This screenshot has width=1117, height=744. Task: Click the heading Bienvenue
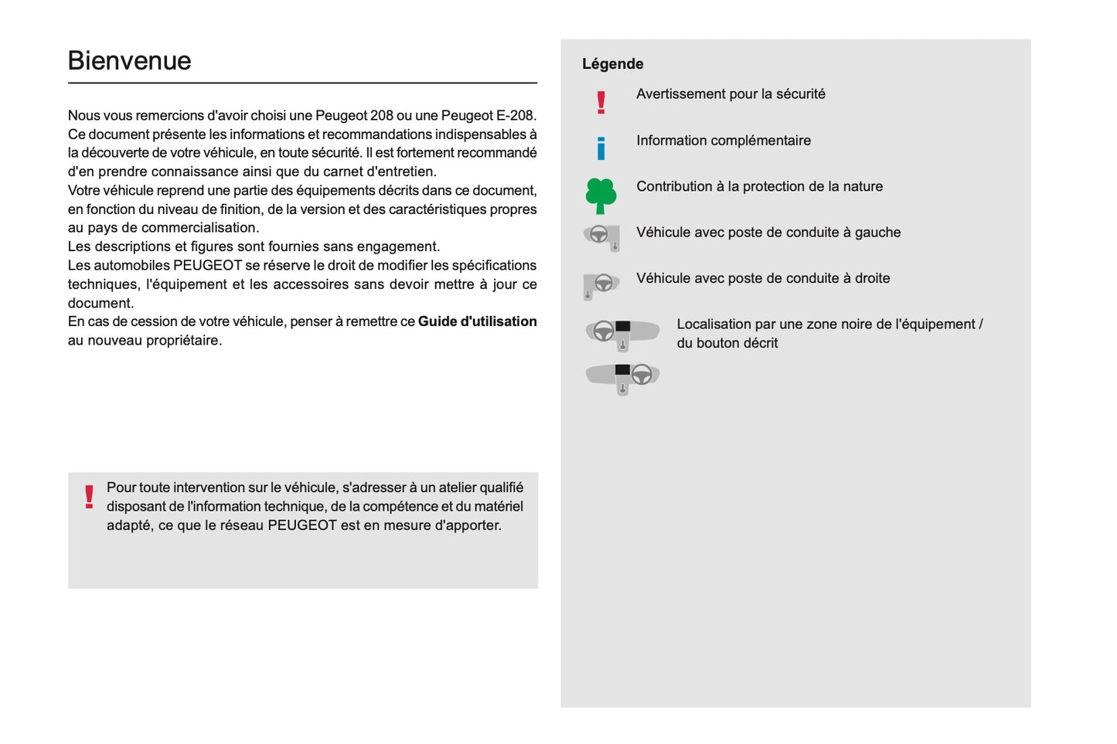[x=129, y=61]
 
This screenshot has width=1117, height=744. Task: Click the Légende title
[x=612, y=64]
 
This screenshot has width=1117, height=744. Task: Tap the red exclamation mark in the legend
[x=601, y=102]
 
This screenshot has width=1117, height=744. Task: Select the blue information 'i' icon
[x=601, y=148]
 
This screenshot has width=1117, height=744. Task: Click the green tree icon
[x=601, y=195]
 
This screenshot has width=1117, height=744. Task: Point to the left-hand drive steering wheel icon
[x=601, y=236]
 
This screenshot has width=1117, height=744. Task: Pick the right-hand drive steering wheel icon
[x=601, y=285]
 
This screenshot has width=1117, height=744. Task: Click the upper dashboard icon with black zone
[x=622, y=333]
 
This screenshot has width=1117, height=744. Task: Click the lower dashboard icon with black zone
[x=622, y=378]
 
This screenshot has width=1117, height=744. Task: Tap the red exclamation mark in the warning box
[x=89, y=497]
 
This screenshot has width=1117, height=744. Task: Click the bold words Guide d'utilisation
[x=477, y=321]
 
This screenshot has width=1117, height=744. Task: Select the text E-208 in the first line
[x=515, y=116]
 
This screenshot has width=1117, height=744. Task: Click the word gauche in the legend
[x=877, y=233]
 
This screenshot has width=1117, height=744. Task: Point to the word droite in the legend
[x=872, y=278]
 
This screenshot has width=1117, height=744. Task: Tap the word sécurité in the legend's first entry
[x=800, y=94]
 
